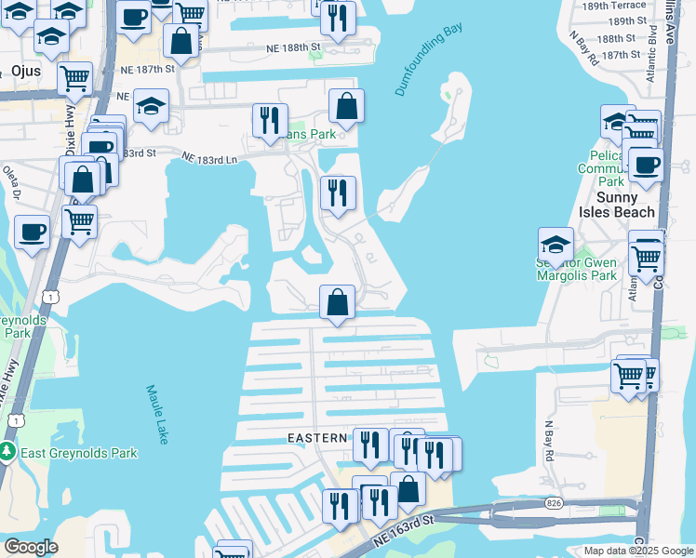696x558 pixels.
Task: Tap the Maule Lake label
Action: pos(156,413)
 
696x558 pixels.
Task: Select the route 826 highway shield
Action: pos(555,503)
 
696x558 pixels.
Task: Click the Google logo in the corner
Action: pos(31,546)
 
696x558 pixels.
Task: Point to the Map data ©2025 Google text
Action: pos(636,550)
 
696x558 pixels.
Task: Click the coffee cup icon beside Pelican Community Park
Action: pos(646,166)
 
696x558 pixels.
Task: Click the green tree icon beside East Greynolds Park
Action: pos(8,453)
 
